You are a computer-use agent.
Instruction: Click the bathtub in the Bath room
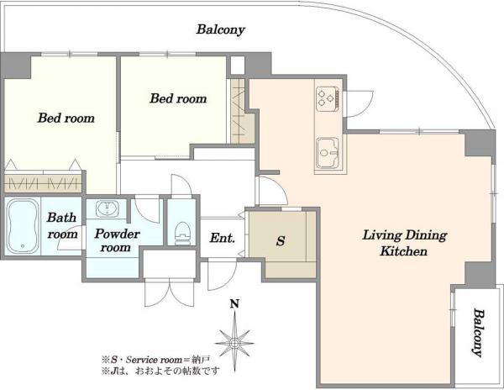(23, 226)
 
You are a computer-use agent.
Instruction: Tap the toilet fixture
(182, 233)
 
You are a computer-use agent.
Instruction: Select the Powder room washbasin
(107, 208)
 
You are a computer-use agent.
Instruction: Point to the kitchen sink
(328, 153)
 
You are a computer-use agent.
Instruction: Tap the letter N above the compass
(235, 303)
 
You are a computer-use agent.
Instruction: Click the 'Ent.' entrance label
(222, 238)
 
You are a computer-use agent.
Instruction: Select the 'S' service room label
(281, 240)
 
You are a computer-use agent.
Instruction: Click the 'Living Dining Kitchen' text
(404, 243)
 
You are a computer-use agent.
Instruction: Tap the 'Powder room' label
(117, 240)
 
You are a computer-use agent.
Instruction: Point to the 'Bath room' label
(62, 226)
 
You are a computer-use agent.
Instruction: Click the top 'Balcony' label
(220, 29)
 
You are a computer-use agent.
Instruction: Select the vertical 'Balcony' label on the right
(478, 333)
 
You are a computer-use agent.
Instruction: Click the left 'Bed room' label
(66, 118)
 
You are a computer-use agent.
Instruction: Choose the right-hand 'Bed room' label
(178, 98)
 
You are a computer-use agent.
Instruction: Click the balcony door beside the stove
(359, 104)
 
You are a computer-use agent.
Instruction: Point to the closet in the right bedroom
(239, 111)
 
